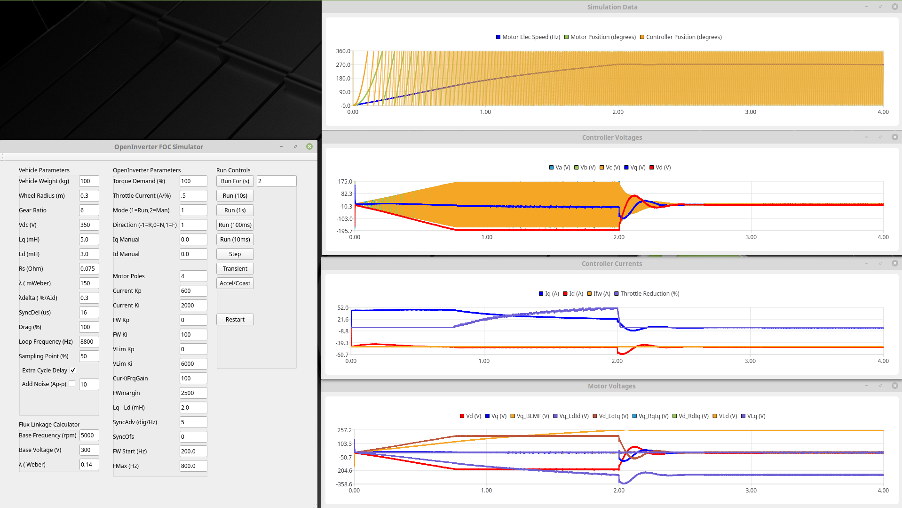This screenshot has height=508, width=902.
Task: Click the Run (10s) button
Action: (x=235, y=195)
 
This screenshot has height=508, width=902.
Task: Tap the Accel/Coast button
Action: (x=235, y=283)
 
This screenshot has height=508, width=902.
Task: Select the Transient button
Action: (x=235, y=268)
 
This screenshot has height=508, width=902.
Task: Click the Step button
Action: (x=235, y=254)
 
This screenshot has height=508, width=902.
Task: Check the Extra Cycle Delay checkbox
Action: (x=73, y=370)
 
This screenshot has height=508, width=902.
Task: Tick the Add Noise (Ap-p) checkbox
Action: (x=72, y=384)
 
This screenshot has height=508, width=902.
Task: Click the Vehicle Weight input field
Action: (x=88, y=181)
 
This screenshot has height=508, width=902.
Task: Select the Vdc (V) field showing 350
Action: (x=88, y=225)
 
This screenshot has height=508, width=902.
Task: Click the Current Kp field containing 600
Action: (x=193, y=290)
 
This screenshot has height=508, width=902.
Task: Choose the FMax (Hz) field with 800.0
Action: (x=193, y=466)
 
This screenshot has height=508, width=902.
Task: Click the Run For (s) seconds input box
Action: (x=276, y=181)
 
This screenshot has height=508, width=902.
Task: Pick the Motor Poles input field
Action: (x=193, y=276)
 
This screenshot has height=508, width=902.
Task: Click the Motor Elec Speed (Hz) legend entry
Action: (x=528, y=37)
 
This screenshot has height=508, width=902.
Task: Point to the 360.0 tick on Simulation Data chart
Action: (x=343, y=51)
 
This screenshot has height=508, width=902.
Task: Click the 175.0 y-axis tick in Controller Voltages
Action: (x=345, y=181)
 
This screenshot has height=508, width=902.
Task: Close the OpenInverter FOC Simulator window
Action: (x=309, y=146)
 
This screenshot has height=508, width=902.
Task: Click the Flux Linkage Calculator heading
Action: (x=49, y=424)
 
